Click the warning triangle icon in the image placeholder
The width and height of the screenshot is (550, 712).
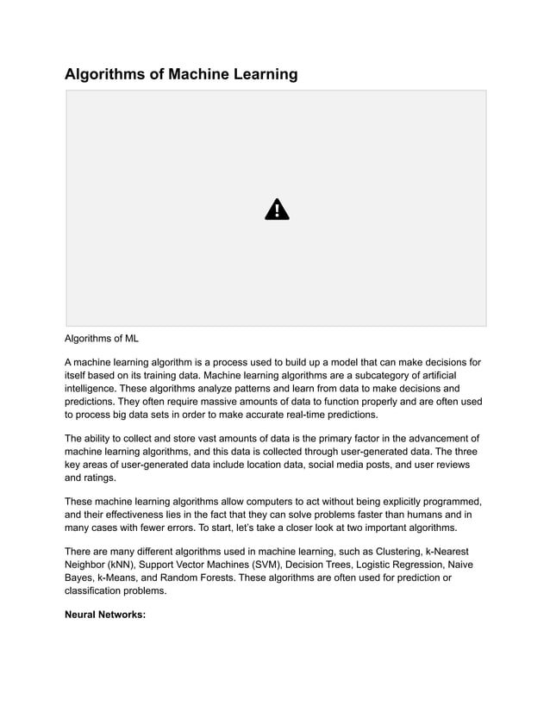point(277,209)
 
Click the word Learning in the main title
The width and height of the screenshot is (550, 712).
point(259,74)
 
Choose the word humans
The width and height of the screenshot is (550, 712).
point(404,514)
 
